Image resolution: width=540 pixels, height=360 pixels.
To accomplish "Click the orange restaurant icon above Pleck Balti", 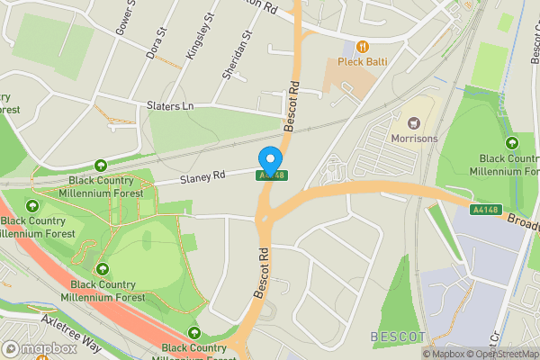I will click(362, 46).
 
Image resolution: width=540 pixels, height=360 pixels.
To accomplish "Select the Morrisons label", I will click(414, 139).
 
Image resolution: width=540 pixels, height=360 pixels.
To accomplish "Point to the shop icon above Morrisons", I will click(414, 123).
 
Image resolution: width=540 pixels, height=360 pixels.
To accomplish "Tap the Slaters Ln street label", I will click(169, 106).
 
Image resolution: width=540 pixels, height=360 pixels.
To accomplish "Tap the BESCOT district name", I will click(397, 337).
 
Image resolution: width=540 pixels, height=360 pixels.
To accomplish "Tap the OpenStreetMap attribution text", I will click(504, 354).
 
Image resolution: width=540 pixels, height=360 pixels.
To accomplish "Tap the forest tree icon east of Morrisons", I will click(511, 142).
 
